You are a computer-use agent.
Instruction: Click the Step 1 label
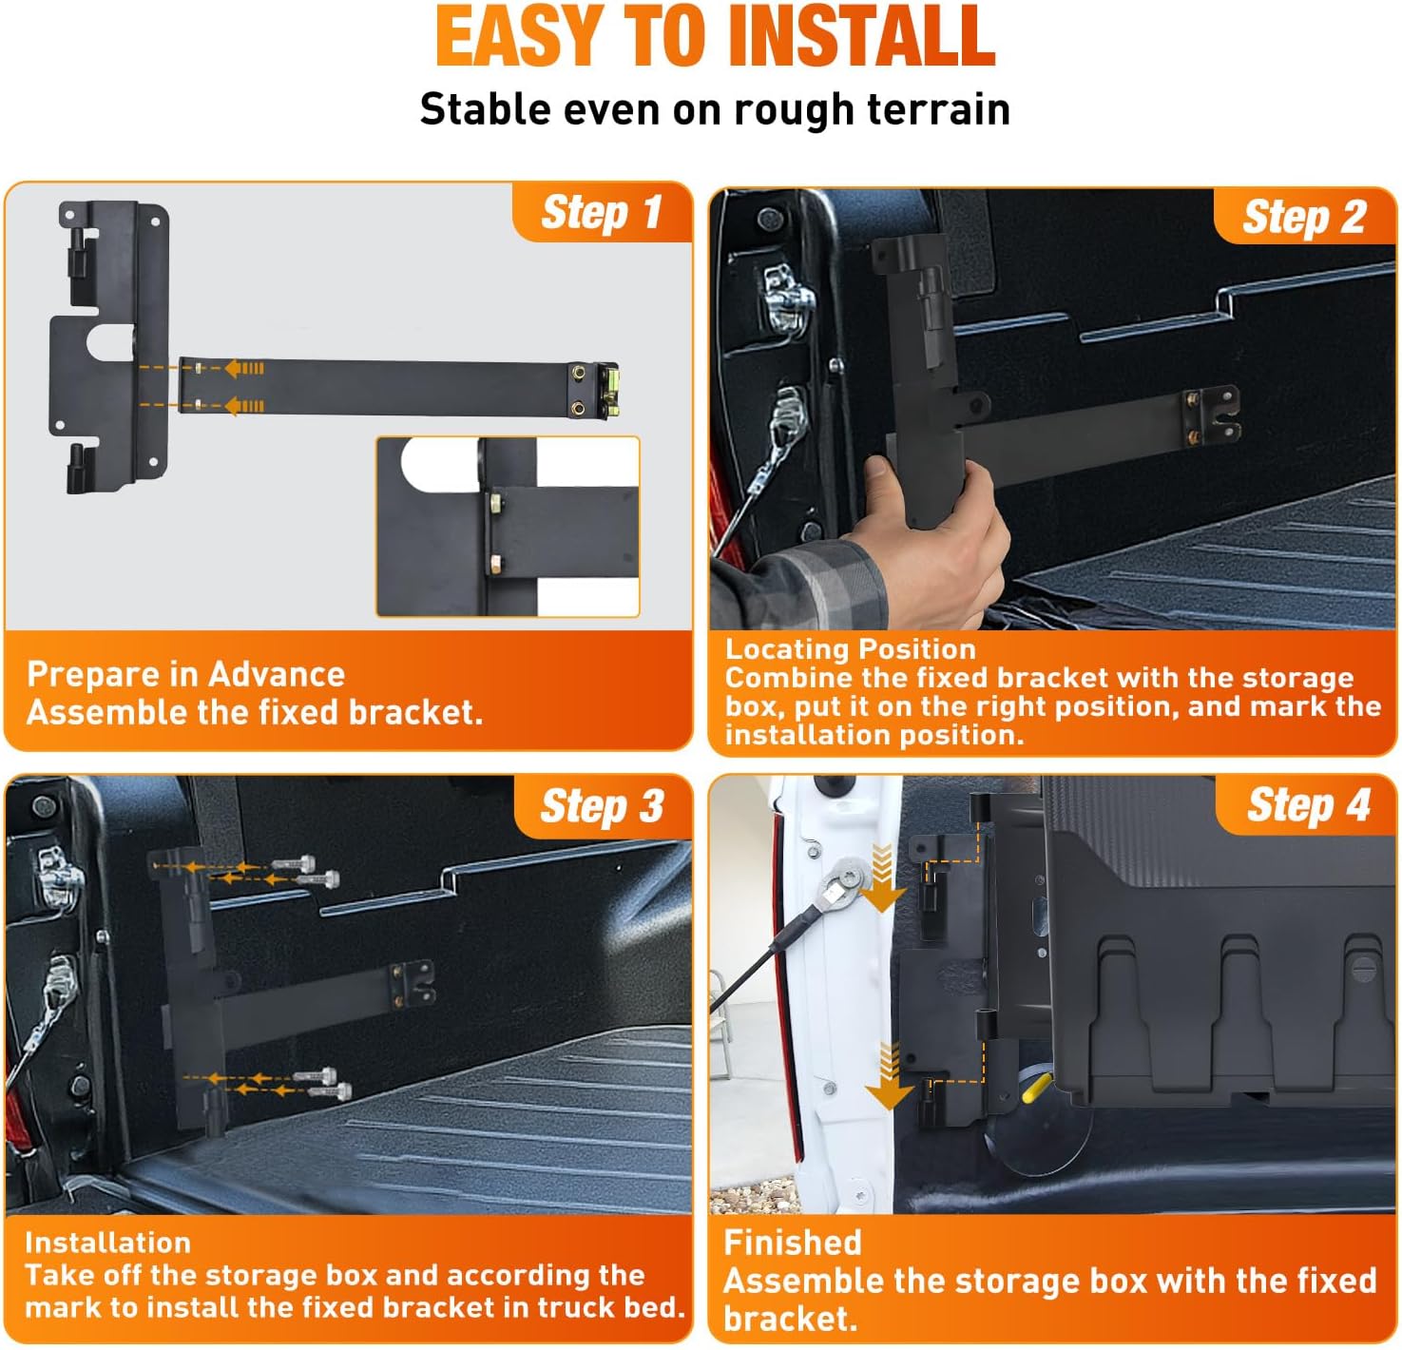click(601, 212)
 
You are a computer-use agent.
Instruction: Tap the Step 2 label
click(1304, 218)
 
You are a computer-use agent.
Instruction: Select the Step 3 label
click(602, 807)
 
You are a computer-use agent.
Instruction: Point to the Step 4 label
click(1308, 805)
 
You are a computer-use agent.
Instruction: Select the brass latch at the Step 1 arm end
click(606, 391)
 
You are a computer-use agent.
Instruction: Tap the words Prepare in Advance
click(185, 674)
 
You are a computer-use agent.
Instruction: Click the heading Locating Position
click(850, 648)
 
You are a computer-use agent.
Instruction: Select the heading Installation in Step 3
click(107, 1242)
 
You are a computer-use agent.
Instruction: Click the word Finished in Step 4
click(792, 1242)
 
